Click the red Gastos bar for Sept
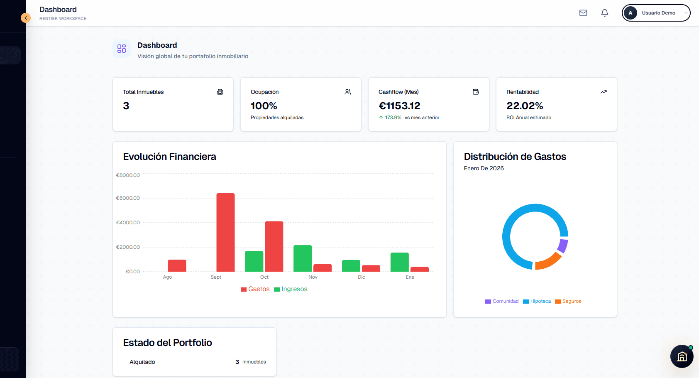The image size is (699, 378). pyautogui.click(x=225, y=232)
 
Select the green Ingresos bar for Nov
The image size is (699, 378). pyautogui.click(x=303, y=258)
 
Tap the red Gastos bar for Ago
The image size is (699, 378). pyautogui.click(x=177, y=265)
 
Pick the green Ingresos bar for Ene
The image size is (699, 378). pyautogui.click(x=399, y=262)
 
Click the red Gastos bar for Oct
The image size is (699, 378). pyautogui.click(x=274, y=246)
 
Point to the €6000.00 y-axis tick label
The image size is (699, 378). pyautogui.click(x=128, y=198)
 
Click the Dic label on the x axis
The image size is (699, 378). pyautogui.click(x=362, y=277)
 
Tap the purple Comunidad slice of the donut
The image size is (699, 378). pyautogui.click(x=563, y=245)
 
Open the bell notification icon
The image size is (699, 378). pyautogui.click(x=605, y=13)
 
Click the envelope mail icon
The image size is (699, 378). pyautogui.click(x=583, y=13)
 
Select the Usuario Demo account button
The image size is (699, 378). pyautogui.click(x=656, y=13)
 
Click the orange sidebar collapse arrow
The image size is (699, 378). pyautogui.click(x=26, y=18)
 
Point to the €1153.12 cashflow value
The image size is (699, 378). pyautogui.click(x=399, y=106)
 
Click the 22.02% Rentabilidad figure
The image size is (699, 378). pyautogui.click(x=525, y=106)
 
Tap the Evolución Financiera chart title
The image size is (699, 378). pyautogui.click(x=169, y=157)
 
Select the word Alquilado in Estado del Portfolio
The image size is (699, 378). pyautogui.click(x=142, y=362)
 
